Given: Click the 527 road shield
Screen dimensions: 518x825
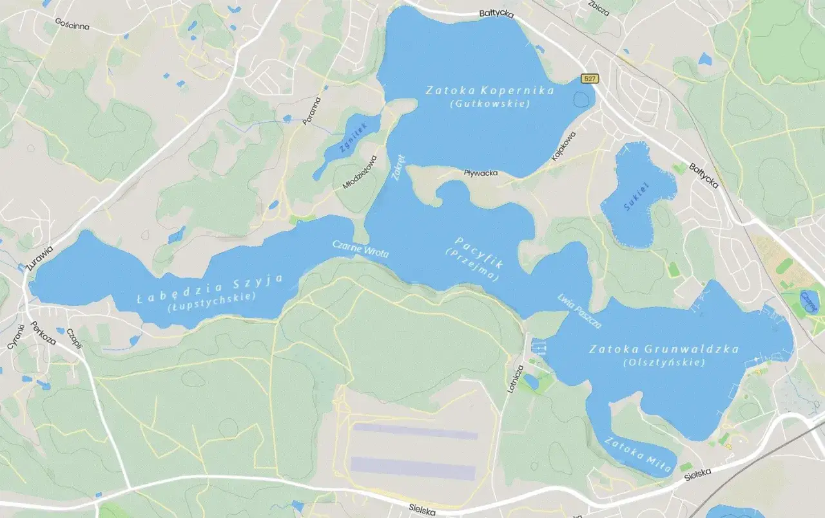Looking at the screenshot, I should [590, 79].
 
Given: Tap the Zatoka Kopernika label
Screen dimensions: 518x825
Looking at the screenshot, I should [490, 91].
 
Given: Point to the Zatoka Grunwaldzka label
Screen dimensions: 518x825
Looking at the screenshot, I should [664, 349].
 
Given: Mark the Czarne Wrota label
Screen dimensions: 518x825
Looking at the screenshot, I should [360, 249].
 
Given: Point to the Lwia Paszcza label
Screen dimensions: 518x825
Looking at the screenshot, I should [579, 311].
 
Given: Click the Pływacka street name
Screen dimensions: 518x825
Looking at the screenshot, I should [481, 173].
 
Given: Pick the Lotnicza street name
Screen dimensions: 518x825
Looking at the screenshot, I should [516, 379].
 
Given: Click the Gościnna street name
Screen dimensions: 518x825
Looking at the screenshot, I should [72, 24].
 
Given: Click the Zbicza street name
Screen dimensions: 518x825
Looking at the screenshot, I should [599, 3].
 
